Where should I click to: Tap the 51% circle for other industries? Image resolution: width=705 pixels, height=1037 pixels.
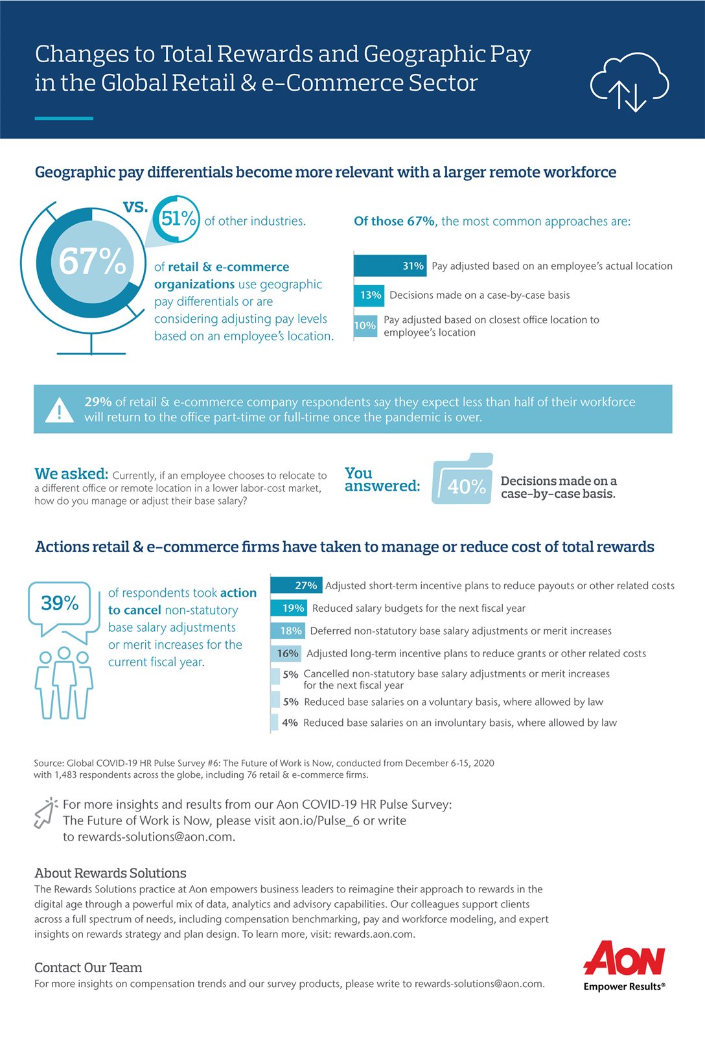(x=176, y=218)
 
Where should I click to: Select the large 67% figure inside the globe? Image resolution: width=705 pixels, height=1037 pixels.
(x=92, y=262)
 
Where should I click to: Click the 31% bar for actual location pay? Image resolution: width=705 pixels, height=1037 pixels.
(x=390, y=266)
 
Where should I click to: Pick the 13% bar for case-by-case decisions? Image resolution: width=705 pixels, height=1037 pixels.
(x=369, y=295)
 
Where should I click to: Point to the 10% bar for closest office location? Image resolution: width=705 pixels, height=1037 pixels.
(x=365, y=325)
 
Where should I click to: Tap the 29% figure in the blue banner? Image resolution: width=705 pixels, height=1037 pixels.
(x=98, y=401)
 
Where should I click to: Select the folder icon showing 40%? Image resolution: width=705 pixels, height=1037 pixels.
(x=463, y=479)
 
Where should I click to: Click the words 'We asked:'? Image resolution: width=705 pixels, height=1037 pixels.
(x=71, y=474)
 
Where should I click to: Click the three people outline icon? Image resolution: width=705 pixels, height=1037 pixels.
(x=64, y=683)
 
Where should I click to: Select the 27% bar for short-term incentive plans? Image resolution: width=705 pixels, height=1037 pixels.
(x=296, y=585)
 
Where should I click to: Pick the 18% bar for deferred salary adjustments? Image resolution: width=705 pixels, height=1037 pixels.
(x=288, y=631)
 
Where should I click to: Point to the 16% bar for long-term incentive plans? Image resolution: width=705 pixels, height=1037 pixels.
(x=286, y=653)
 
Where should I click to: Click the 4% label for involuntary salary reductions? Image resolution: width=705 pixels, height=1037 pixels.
(x=290, y=723)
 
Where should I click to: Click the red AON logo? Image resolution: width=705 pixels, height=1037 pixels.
(x=624, y=957)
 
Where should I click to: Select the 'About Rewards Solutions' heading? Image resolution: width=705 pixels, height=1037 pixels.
(x=110, y=873)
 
